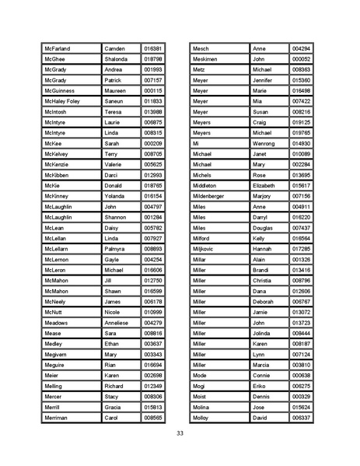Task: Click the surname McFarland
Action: click(59, 47)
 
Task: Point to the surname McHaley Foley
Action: click(62, 101)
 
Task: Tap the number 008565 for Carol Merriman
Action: click(152, 418)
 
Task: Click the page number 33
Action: click(180, 433)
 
